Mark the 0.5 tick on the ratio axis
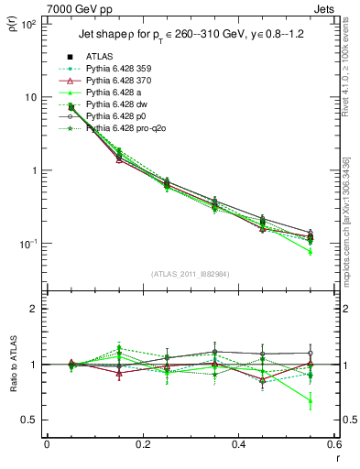click(31, 420)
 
